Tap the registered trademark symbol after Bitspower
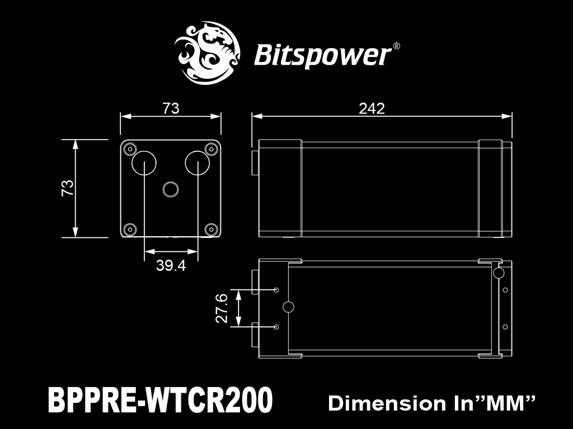coord(396,46)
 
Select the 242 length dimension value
coord(372,108)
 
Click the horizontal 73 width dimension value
coord(171,108)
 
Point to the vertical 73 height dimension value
coord(68,188)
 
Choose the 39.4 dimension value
coord(171,265)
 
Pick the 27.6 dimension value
coord(222,308)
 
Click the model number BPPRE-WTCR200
coord(161,399)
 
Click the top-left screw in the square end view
coord(130,149)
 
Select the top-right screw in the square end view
coord(211,149)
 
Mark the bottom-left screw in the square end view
coord(130,230)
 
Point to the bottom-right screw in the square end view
coord(211,230)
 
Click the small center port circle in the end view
coord(170,189)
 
